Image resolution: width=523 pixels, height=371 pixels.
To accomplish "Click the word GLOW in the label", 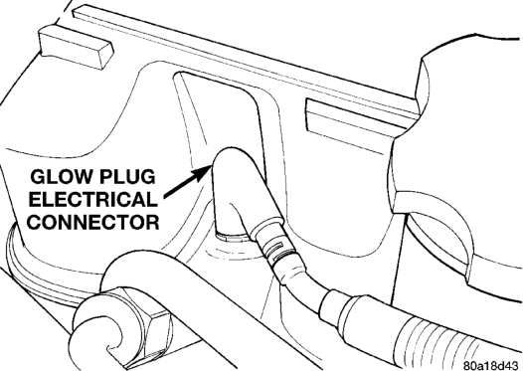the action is pyautogui.click(x=61, y=176).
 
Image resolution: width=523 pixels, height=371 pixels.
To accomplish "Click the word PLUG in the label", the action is pyautogui.click(x=127, y=176).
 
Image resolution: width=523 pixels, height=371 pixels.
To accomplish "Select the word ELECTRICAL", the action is pyautogui.click(x=93, y=199).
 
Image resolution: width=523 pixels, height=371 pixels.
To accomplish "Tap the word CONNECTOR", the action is pyautogui.click(x=93, y=222).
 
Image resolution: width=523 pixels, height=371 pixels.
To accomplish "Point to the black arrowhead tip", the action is pyautogui.click(x=211, y=166).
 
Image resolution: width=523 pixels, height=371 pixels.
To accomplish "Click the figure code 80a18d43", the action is pyautogui.click(x=492, y=364).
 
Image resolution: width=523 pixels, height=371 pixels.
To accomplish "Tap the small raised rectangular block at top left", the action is pyautogui.click(x=76, y=47).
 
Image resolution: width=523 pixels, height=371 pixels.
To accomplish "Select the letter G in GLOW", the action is pyautogui.click(x=37, y=176).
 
